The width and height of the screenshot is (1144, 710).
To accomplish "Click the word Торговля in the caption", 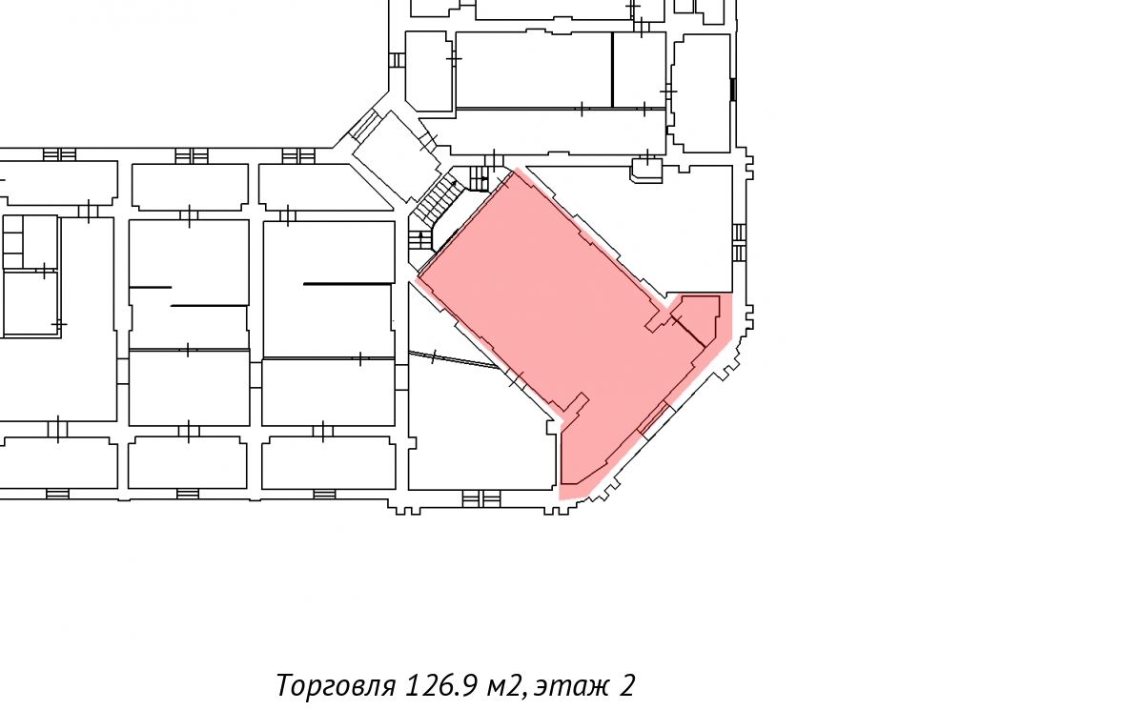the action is point(336,685).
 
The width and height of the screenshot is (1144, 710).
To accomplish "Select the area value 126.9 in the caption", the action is point(442,685).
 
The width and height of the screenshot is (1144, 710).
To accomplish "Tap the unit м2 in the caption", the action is point(505,686).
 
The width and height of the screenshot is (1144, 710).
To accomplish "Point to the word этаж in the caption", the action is point(573,686).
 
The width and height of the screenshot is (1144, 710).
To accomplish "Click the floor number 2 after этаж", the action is point(627,685).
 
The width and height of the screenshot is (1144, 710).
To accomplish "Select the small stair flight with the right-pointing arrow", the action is point(479,178).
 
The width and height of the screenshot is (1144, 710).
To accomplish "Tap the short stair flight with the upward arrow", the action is point(420,240).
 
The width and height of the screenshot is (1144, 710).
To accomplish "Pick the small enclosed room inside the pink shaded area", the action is point(696,319).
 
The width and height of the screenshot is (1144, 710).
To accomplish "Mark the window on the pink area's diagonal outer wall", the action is point(654,420).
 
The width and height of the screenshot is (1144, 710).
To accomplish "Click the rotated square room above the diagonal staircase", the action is point(397,156).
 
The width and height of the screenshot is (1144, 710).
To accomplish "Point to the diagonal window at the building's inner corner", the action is point(364,125).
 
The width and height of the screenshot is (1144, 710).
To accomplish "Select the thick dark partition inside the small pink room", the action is point(689,332).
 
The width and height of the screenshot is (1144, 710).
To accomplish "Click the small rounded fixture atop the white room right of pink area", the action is point(647,171).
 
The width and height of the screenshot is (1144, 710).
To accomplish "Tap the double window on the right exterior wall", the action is point(739,242).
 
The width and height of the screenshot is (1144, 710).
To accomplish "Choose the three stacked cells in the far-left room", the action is point(12,241).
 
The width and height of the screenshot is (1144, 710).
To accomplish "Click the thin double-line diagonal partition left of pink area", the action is point(454,359).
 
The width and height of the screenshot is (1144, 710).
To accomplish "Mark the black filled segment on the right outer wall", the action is point(733,90).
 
